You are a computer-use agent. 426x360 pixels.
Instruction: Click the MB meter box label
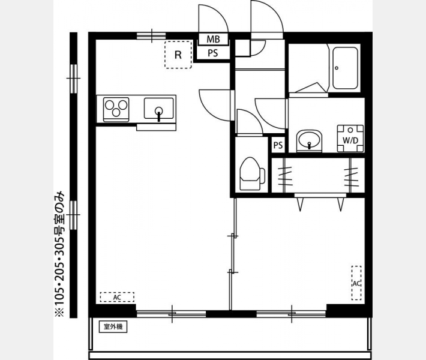pyautogui.click(x=213, y=39)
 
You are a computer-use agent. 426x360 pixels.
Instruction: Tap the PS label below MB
pyautogui.click(x=213, y=53)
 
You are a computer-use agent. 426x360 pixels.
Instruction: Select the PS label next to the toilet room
pyautogui.click(x=278, y=145)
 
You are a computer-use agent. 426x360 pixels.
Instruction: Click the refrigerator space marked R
pyautogui.click(x=178, y=55)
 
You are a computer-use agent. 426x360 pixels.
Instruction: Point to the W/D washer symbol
pyautogui.click(x=350, y=138)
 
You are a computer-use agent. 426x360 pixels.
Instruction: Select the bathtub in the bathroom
pyautogui.click(x=345, y=68)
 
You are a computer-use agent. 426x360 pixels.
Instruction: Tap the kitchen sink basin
pyautogui.click(x=158, y=108)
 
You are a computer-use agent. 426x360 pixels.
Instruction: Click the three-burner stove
pyautogui.click(x=116, y=109)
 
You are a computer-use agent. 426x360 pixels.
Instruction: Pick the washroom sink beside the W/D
pyautogui.click(x=309, y=140)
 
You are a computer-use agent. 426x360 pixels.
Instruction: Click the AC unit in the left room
pyautogui.click(x=117, y=297)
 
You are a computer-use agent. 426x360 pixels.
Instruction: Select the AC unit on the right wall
pyautogui.click(x=356, y=283)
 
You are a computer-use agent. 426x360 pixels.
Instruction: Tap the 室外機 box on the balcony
pyautogui.click(x=113, y=326)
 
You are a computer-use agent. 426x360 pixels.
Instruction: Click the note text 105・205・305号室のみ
pyautogui.click(x=59, y=254)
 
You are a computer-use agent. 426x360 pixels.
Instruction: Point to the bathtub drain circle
pyautogui.click(x=337, y=68)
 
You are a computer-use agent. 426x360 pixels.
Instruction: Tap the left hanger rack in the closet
pyautogui.click(x=285, y=176)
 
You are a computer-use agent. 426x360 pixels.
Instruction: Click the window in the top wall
pyautogui.click(x=151, y=35)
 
